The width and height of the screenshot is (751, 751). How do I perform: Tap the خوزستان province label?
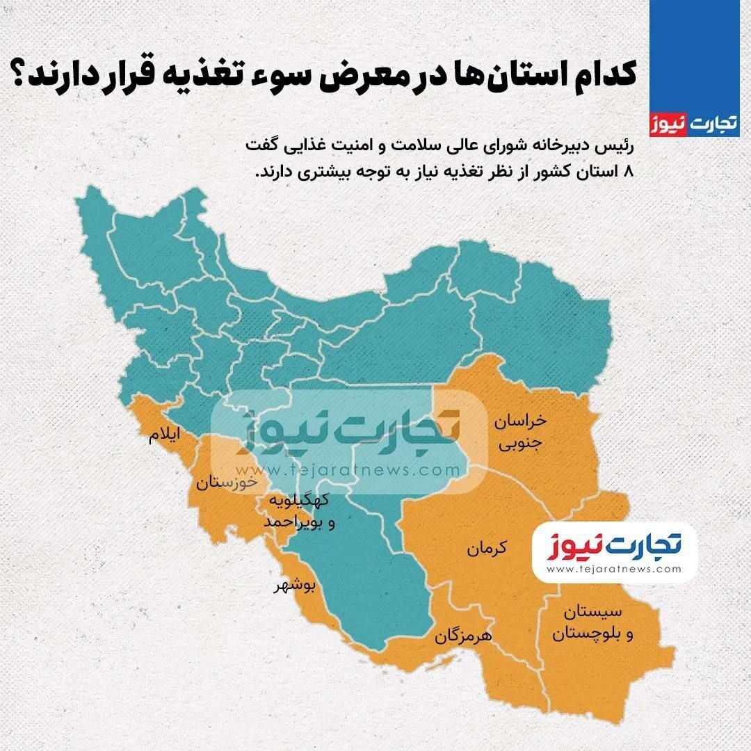(x=226, y=482)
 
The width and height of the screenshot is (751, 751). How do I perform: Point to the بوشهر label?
(x=294, y=586)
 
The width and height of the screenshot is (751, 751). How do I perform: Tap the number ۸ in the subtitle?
(x=631, y=172)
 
